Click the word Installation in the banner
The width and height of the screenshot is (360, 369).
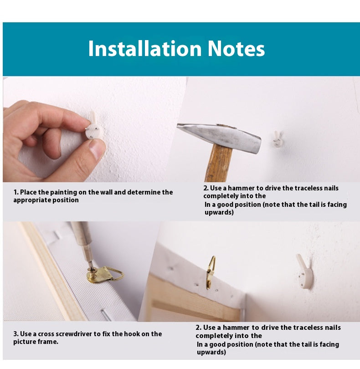coord(145,48)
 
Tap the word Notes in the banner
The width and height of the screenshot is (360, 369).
coord(236,48)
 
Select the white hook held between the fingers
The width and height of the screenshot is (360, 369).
coord(94,128)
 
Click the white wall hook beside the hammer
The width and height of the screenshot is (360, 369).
coord(278,139)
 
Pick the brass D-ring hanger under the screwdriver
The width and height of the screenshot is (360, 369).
coord(105,275)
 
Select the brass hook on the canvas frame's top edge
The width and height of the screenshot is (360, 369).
coord(210,272)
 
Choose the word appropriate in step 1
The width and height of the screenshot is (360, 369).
coord(32,200)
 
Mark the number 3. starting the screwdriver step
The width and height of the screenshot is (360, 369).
coord(16,334)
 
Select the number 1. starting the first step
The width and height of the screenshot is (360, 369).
coord(16,192)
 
